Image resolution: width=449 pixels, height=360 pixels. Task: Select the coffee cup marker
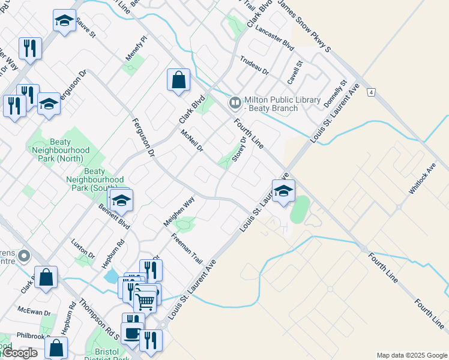[x=131, y=332]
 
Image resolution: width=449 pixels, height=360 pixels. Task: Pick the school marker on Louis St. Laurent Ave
[x=283, y=191]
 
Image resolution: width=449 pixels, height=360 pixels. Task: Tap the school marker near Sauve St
[x=64, y=21]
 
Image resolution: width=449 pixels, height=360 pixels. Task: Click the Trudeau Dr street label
[x=254, y=64]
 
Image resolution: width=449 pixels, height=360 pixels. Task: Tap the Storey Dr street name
[x=239, y=149]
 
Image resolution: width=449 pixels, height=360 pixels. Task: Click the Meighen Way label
[x=179, y=212]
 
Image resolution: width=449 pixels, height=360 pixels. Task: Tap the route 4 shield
[x=372, y=92]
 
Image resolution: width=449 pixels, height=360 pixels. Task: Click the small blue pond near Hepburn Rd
[x=110, y=276]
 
